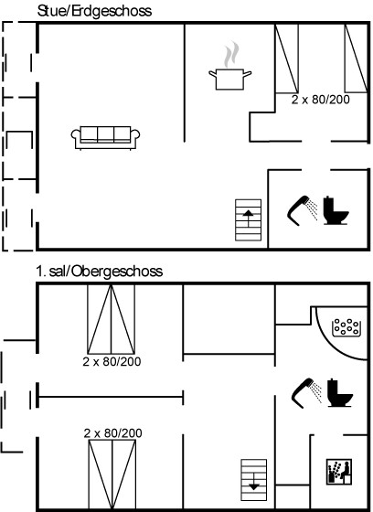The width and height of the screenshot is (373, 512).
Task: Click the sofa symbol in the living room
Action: (x=105, y=138)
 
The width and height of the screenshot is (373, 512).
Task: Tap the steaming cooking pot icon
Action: (x=230, y=66)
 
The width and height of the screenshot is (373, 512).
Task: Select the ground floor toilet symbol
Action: (x=336, y=210)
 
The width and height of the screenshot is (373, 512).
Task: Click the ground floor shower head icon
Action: (x=302, y=210)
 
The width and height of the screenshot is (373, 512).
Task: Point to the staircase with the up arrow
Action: (x=249, y=220)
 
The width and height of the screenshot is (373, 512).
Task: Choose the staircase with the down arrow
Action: (x=254, y=480)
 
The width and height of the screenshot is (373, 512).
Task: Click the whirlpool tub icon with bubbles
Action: (x=346, y=327)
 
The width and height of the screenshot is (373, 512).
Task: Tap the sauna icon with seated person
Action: (x=339, y=472)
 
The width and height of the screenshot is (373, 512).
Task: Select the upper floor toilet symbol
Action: (x=340, y=393)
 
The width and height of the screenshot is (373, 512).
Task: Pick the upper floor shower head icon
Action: (x=306, y=393)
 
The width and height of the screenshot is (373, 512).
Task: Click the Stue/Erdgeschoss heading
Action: (x=94, y=11)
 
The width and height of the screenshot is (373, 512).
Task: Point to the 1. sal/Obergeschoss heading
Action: (x=100, y=272)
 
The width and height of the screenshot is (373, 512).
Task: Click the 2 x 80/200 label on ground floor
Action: (x=320, y=100)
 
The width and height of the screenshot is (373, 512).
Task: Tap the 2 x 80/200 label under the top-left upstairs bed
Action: (x=112, y=362)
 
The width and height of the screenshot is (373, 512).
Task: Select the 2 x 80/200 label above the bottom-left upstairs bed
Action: (x=113, y=433)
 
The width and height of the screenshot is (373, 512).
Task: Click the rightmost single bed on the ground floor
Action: (x=357, y=59)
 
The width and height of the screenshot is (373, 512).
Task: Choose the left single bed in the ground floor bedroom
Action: (x=286, y=59)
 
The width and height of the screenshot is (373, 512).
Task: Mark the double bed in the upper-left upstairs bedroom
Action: (x=111, y=319)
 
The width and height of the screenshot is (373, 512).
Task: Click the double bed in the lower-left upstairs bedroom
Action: (x=112, y=475)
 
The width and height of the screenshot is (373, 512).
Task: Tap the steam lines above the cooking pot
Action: (x=231, y=55)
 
